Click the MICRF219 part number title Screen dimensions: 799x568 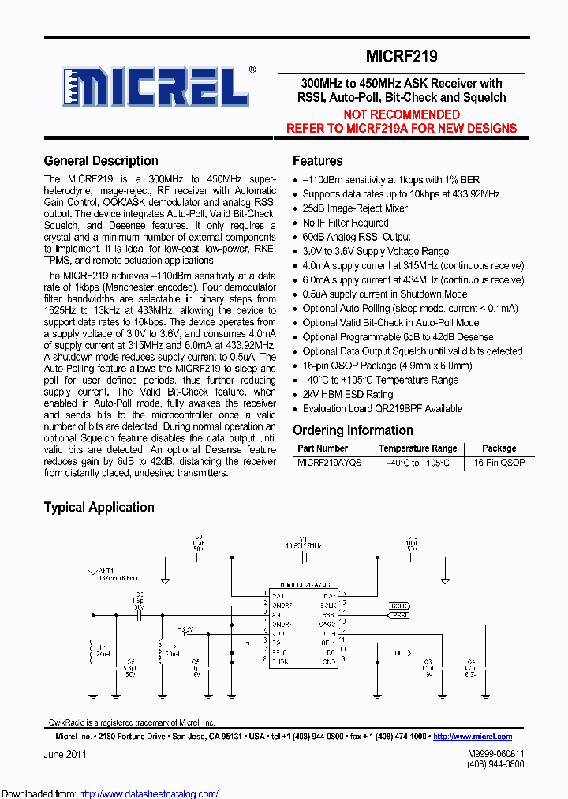[402, 57]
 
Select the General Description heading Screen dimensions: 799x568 [101, 161]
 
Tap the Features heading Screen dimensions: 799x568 [317, 161]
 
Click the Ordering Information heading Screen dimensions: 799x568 [353, 430]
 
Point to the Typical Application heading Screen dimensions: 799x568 [99, 508]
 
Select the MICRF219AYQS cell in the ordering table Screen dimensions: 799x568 [329, 463]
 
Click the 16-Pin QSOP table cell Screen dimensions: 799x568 [499, 463]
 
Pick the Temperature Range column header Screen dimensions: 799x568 [417, 448]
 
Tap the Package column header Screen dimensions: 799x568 [499, 448]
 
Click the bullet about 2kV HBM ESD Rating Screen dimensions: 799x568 [348, 394]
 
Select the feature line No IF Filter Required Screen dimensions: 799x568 [346, 223]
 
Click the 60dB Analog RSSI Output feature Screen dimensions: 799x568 [357, 237]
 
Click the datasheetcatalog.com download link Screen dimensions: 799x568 [149, 793]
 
